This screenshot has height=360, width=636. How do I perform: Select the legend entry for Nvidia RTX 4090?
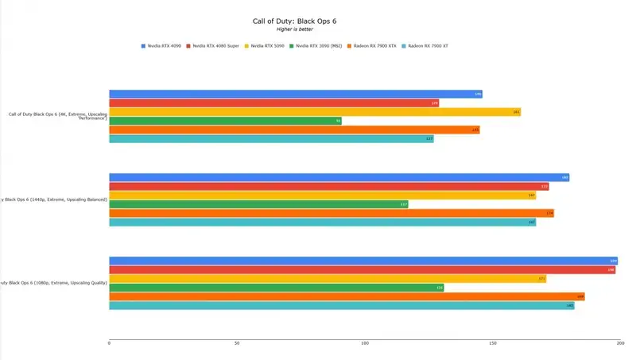[162, 46]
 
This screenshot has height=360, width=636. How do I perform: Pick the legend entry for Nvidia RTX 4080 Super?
[213, 46]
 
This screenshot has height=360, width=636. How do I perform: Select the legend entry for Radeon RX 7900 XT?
[426, 46]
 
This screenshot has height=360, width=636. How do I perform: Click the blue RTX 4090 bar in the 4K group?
[295, 94]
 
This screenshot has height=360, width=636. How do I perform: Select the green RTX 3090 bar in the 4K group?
[225, 121]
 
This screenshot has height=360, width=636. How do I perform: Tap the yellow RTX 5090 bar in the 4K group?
[314, 112]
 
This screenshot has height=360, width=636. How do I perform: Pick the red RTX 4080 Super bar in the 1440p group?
[328, 186]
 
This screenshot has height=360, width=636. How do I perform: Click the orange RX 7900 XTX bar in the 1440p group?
[331, 213]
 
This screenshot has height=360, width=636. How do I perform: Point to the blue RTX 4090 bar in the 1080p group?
[363, 261]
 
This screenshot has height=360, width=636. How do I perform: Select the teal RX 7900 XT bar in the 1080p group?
[341, 305]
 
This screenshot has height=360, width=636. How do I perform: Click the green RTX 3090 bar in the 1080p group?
[276, 288]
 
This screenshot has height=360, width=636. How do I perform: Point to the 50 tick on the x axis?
[237, 343]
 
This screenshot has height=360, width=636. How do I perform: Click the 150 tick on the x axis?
[493, 343]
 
